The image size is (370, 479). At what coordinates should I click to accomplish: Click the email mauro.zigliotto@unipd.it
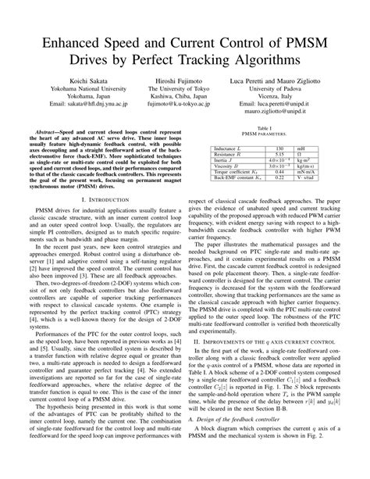coord(278,110)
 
